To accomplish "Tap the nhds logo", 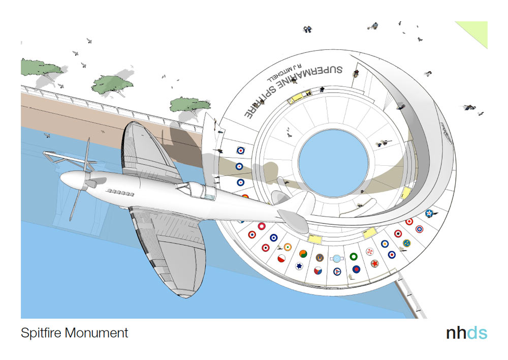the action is [466, 333].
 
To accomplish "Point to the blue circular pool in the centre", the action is [333, 163].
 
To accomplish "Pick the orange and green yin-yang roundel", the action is [303, 254].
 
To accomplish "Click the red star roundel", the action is [375, 263].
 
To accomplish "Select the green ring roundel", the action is [354, 257].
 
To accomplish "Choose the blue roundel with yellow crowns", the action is [406, 243].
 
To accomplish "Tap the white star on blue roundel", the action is [429, 213].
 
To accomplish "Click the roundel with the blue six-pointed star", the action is [299, 266].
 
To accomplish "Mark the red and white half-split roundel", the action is [281, 258].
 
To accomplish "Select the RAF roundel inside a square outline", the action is [241, 151].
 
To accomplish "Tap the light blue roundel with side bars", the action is [337, 258].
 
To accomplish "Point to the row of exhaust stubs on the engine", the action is [120, 193].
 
